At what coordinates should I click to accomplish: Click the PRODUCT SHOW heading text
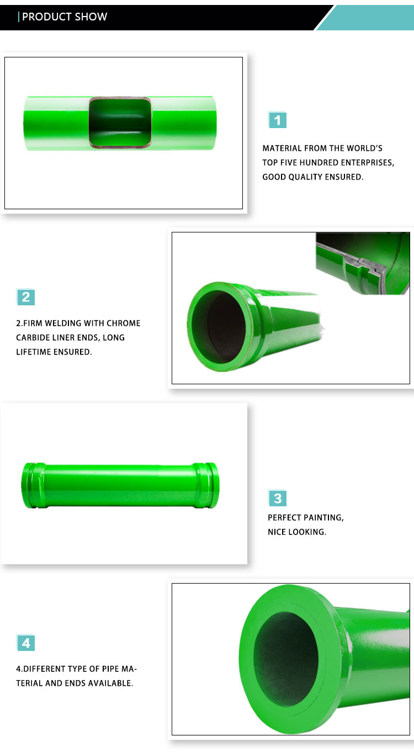pyautogui.click(x=65, y=17)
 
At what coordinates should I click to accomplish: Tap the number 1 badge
pyautogui.click(x=277, y=120)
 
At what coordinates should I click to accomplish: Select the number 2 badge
pyautogui.click(x=25, y=297)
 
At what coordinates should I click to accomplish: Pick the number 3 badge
pyautogui.click(x=277, y=498)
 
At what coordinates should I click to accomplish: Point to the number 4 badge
pyautogui.click(x=25, y=643)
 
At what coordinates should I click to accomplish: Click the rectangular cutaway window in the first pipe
pyautogui.click(x=120, y=122)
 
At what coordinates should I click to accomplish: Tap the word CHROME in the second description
pyautogui.click(x=123, y=324)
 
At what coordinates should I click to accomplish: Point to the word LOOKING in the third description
pyautogui.click(x=307, y=532)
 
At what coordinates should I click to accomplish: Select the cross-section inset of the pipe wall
pyautogui.click(x=363, y=263)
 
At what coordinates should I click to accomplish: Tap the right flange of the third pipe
pyautogui.click(x=206, y=485)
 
